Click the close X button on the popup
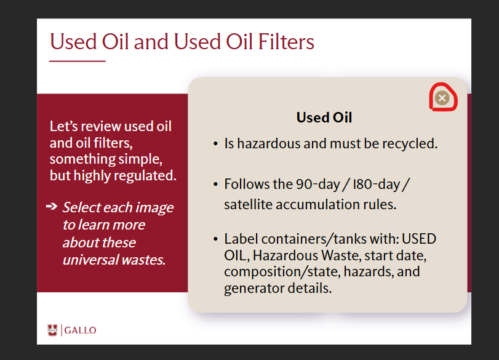[x=442, y=98]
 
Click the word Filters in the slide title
[x=285, y=42]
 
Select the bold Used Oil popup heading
[x=324, y=118]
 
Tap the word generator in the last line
[x=253, y=289]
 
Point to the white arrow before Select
[x=52, y=207]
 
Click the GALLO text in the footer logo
[x=80, y=330]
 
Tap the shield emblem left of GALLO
[x=52, y=330]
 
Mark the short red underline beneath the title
[x=78, y=61]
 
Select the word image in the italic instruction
[x=154, y=208]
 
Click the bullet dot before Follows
[x=215, y=185]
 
